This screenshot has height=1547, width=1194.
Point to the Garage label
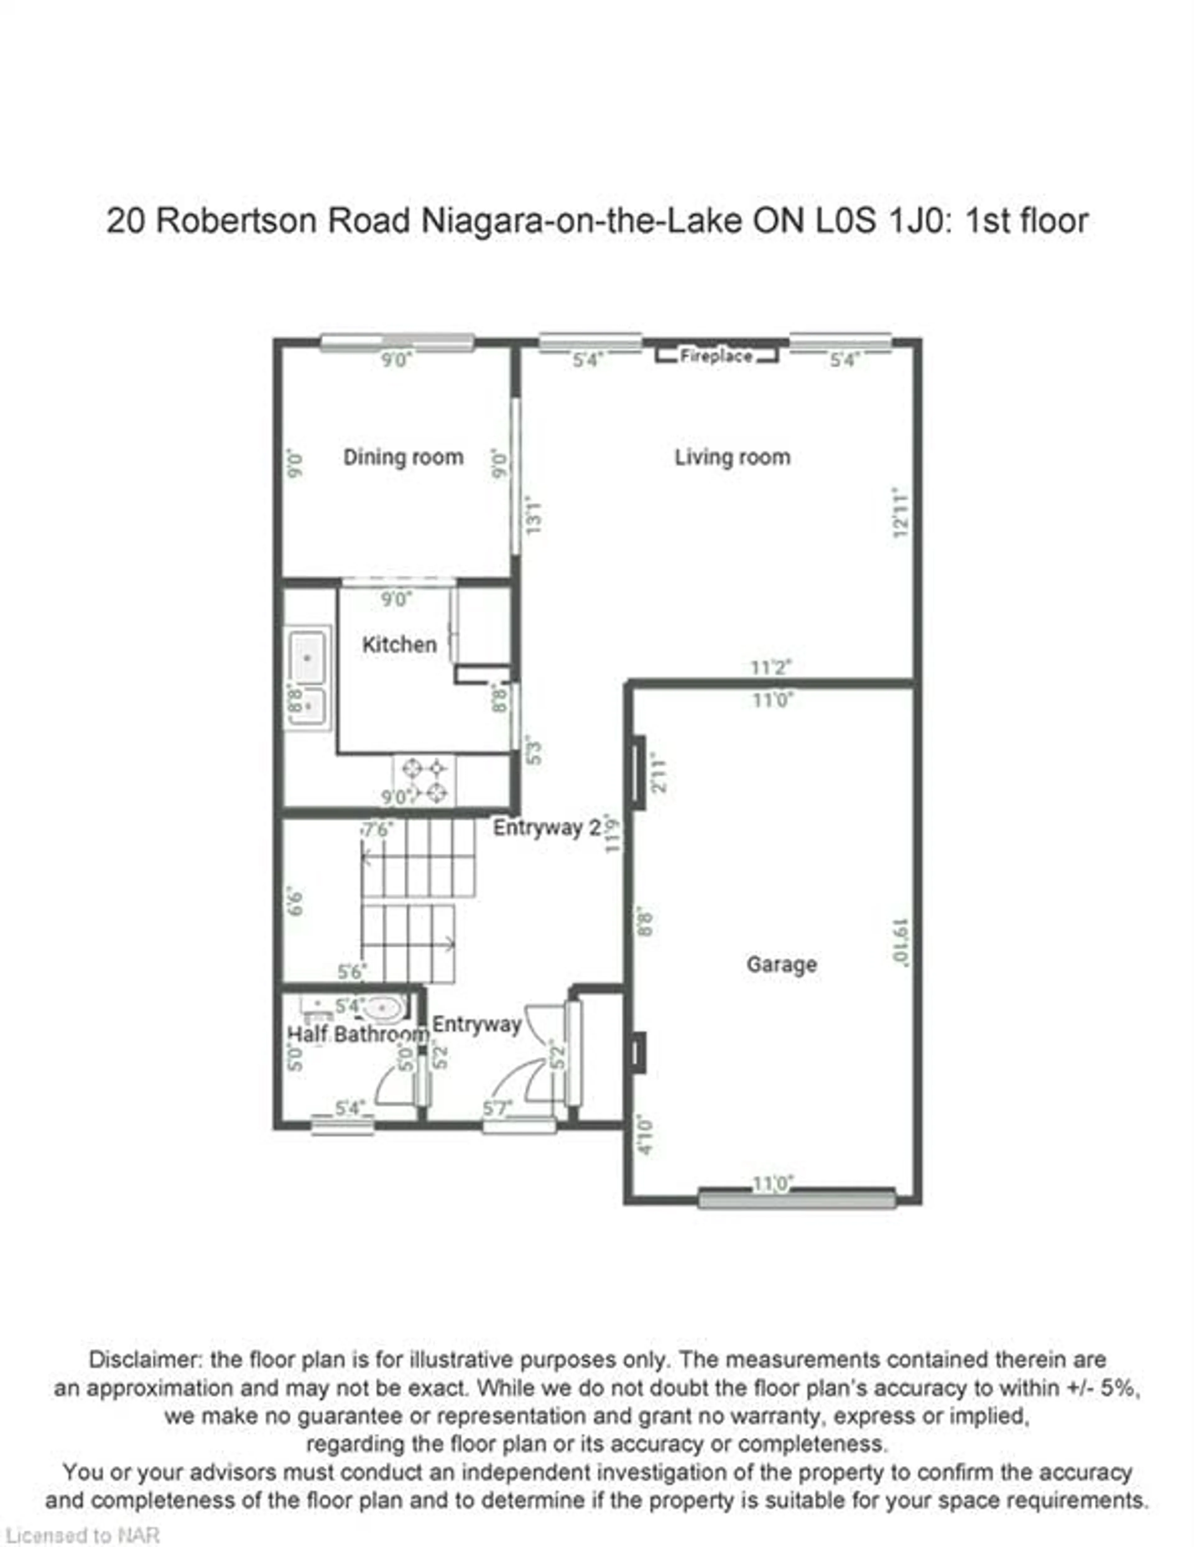[x=781, y=964]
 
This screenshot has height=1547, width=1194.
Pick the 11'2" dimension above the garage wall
[x=771, y=667]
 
